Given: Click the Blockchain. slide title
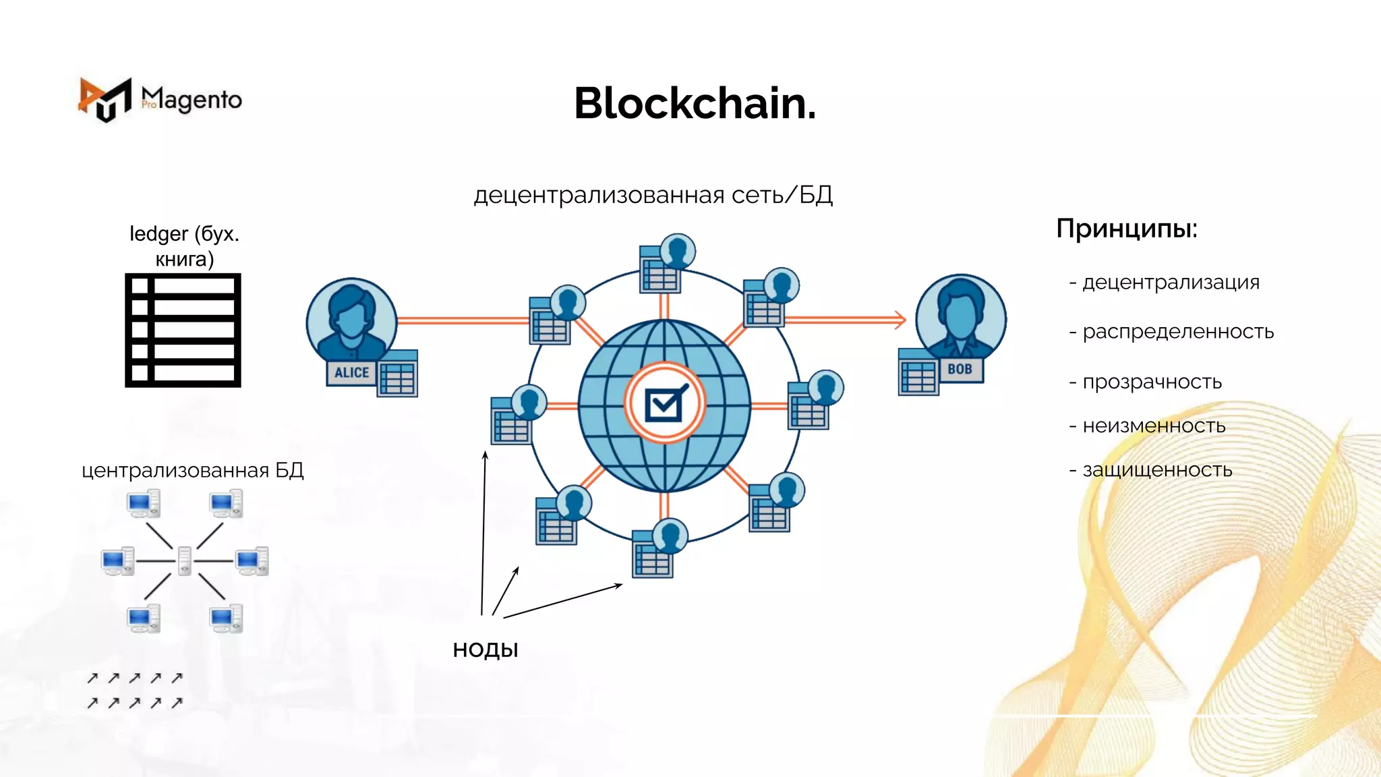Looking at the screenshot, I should tap(695, 104).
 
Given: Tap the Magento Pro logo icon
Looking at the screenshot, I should tap(105, 100).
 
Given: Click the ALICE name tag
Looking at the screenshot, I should tap(351, 372).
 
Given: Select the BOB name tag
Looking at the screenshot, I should tap(960, 369).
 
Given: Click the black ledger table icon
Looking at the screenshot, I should tap(183, 330).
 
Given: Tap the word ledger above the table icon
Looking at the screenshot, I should tap(158, 234).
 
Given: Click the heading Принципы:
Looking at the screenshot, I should tap(1126, 229).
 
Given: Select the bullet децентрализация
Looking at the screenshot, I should tap(1170, 282).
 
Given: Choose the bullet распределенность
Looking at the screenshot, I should tap(1177, 332).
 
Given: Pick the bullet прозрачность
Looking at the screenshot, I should tap(1152, 382).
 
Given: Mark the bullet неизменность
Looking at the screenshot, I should tap(1153, 426).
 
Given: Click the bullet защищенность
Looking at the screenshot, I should tap(1157, 469).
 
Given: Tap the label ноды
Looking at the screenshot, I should tap(486, 650).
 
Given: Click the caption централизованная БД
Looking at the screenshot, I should tap(193, 470).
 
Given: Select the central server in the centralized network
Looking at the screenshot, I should tap(184, 560).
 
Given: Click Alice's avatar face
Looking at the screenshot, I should tap(351, 316).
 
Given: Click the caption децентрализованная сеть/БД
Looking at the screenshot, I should tap(653, 195).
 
